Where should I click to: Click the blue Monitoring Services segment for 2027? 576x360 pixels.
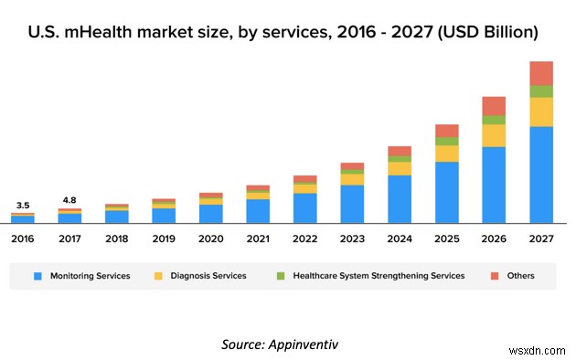(541, 175)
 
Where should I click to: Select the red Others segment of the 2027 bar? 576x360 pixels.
(541, 73)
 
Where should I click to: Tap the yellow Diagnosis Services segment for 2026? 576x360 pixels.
(494, 135)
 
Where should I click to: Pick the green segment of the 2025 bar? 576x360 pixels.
(447, 142)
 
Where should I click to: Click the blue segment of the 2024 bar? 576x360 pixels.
(400, 199)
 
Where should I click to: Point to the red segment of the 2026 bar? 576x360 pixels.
(494, 105)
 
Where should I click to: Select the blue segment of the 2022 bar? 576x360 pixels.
(305, 208)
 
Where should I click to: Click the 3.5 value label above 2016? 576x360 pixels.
(24, 206)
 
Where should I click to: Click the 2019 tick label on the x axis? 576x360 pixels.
(164, 238)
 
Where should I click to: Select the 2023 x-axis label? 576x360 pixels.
(352, 238)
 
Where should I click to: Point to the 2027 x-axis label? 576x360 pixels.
(541, 238)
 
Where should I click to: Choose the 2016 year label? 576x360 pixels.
(24, 238)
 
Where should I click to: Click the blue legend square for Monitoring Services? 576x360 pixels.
(38, 275)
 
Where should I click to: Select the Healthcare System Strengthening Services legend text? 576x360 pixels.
(379, 275)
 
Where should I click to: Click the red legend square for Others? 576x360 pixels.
(494, 275)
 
